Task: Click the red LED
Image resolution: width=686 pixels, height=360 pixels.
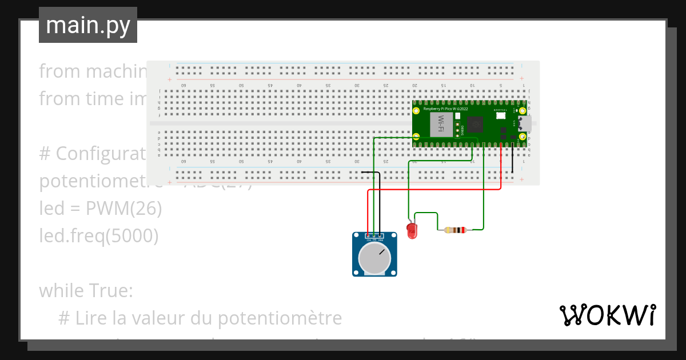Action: point(412,230)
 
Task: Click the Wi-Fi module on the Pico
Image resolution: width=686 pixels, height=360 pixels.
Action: point(441,124)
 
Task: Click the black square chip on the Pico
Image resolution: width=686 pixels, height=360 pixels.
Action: point(475,124)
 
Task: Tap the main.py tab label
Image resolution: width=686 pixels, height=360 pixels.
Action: point(88,25)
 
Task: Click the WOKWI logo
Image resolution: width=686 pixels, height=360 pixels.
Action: point(607,315)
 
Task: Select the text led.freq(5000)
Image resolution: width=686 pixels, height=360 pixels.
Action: point(98,235)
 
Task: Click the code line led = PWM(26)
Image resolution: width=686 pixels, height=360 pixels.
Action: point(101,209)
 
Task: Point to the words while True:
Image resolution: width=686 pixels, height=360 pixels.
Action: point(86,291)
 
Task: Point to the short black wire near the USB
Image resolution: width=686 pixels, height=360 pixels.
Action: point(512,160)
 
